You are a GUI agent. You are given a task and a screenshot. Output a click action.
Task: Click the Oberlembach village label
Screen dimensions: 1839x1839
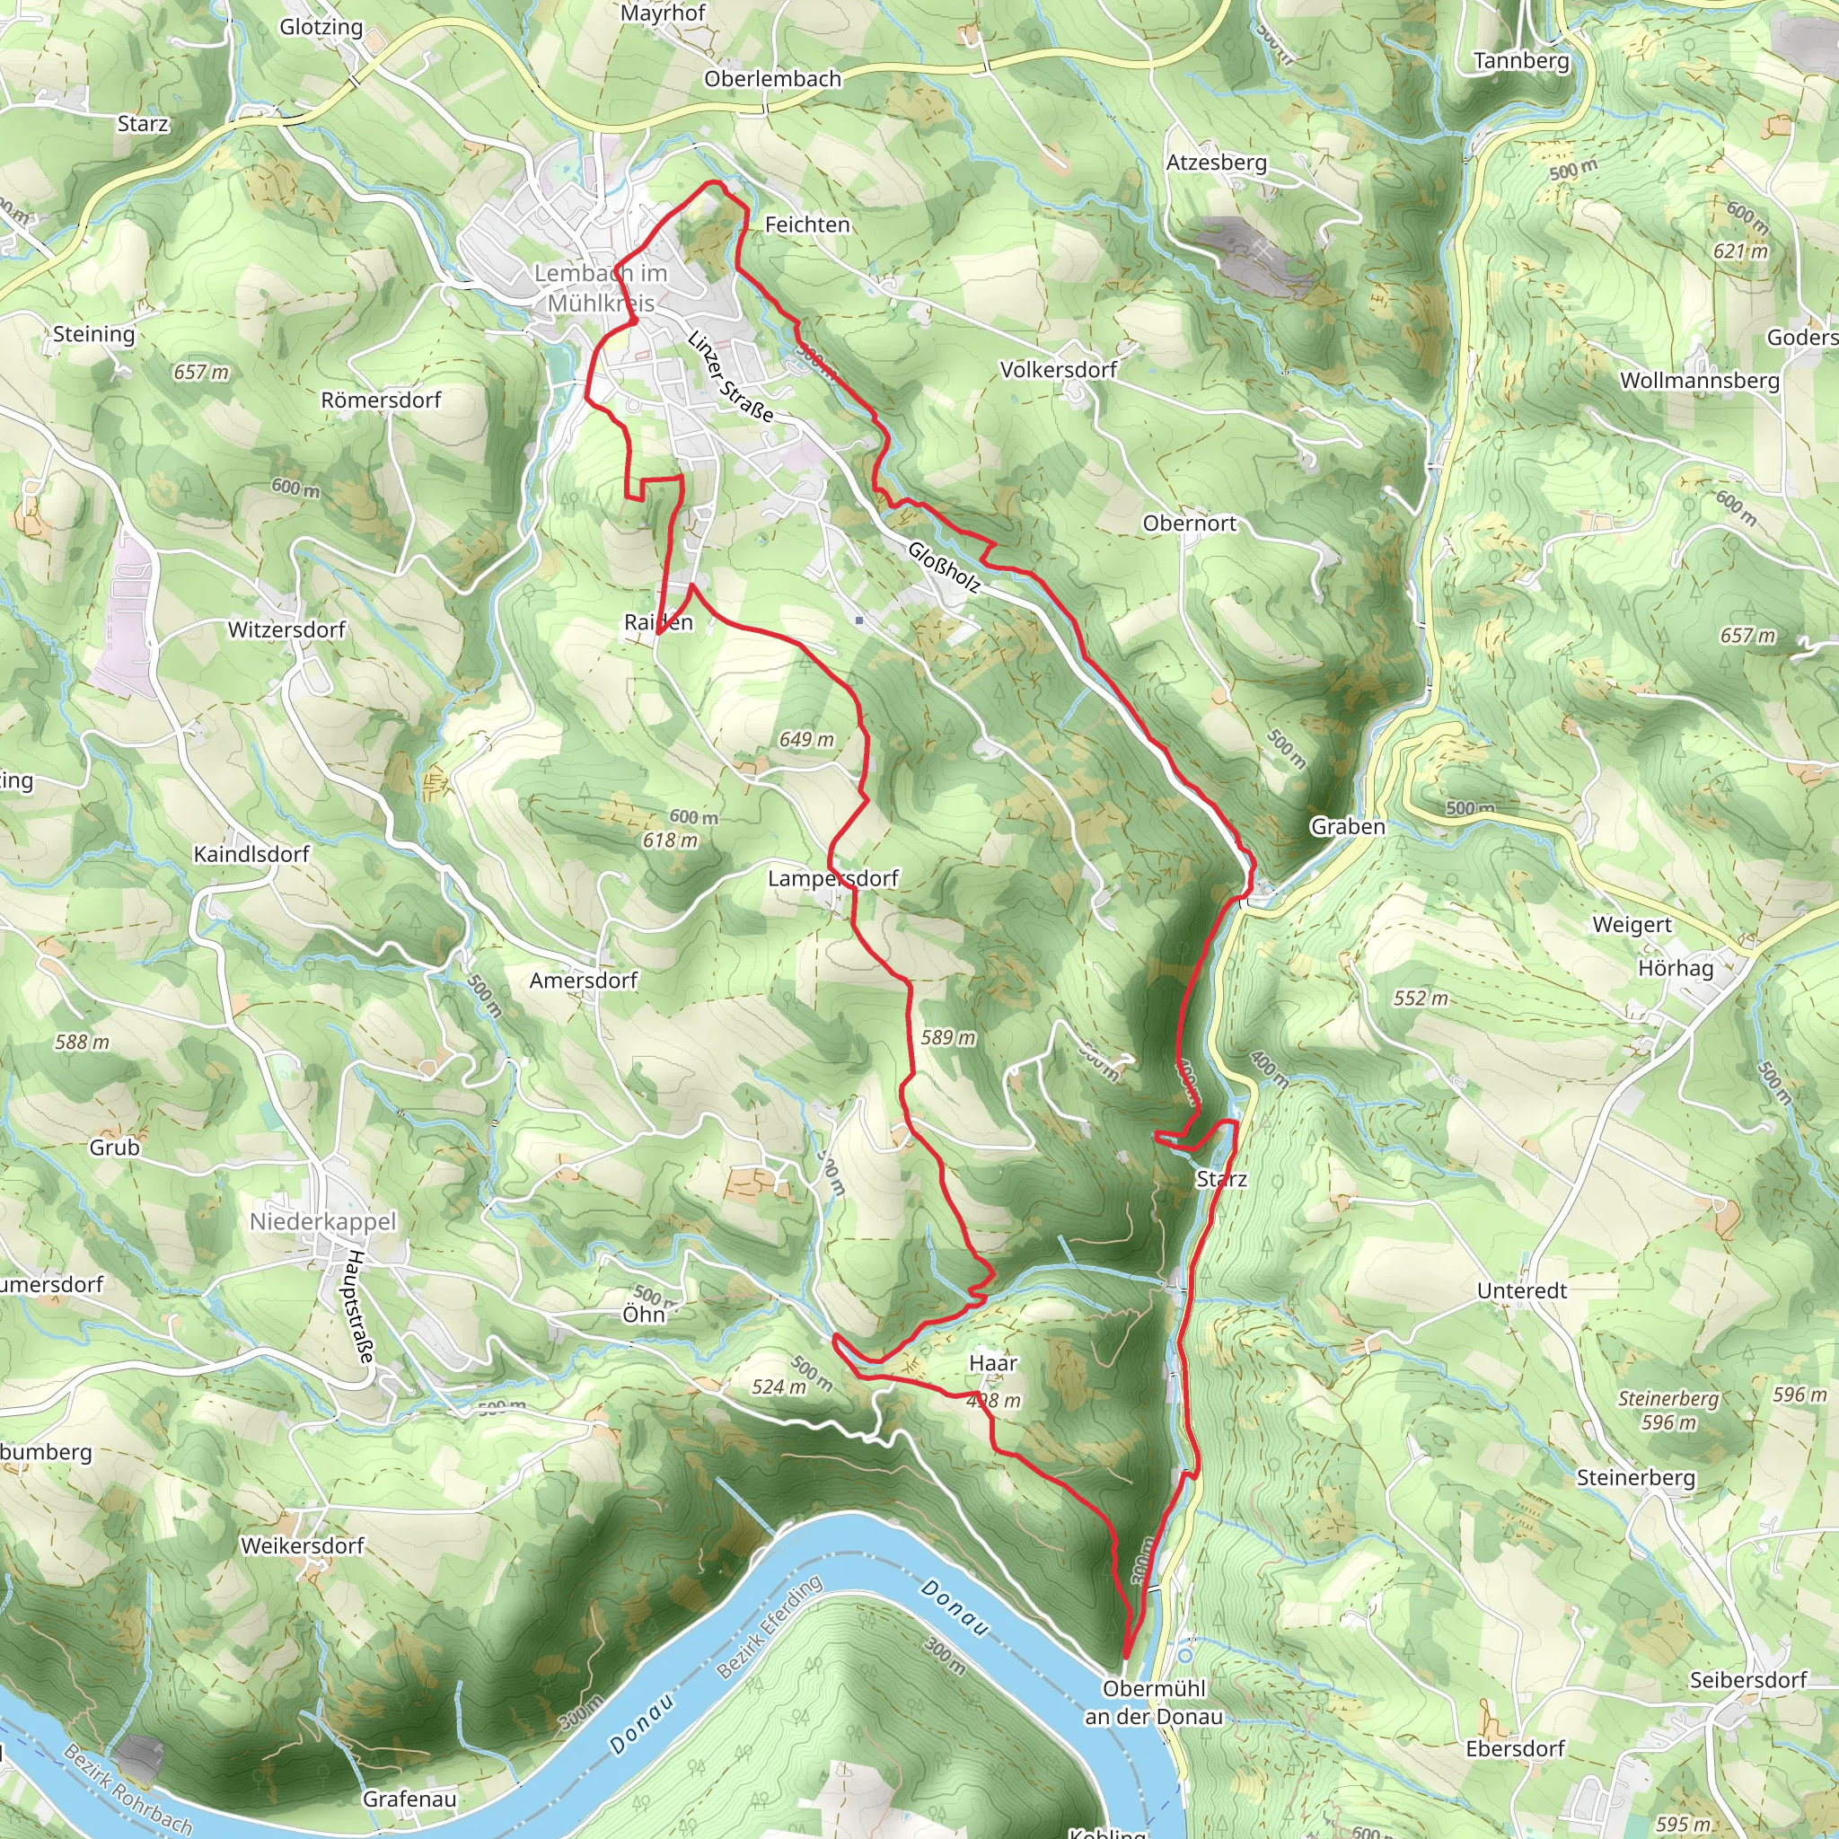(x=773, y=79)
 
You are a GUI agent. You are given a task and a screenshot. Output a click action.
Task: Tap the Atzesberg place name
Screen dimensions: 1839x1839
(x=1217, y=163)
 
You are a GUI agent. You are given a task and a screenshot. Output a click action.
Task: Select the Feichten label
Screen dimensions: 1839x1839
(x=807, y=224)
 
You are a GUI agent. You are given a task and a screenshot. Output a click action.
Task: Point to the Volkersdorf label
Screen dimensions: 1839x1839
(x=1059, y=369)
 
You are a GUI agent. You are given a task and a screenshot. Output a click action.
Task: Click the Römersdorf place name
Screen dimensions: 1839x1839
(x=381, y=400)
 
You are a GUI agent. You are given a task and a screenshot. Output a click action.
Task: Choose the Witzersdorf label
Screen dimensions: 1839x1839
(x=286, y=629)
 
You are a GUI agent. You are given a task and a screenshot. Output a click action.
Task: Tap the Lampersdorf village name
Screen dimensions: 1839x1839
(x=833, y=877)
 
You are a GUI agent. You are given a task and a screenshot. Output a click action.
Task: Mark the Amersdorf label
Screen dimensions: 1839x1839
(x=584, y=981)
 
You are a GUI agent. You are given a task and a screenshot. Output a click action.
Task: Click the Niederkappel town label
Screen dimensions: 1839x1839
(x=322, y=1221)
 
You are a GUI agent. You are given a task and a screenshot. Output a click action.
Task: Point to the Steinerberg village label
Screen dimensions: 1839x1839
(x=1636, y=1477)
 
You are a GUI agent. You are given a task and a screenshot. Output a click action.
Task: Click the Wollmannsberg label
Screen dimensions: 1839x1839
(x=1699, y=381)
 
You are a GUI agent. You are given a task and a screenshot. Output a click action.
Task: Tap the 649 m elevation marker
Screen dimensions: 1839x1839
(x=806, y=740)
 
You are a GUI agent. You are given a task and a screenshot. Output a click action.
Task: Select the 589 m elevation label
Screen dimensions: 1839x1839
(x=948, y=1037)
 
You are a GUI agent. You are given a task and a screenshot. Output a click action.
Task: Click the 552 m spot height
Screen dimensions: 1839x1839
(x=1421, y=999)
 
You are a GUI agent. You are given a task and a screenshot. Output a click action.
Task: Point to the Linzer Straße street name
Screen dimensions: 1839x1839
(x=730, y=375)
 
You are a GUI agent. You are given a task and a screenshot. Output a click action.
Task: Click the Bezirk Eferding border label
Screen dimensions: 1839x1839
(x=770, y=1626)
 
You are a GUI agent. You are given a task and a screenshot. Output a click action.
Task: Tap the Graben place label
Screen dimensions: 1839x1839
(x=1347, y=826)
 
